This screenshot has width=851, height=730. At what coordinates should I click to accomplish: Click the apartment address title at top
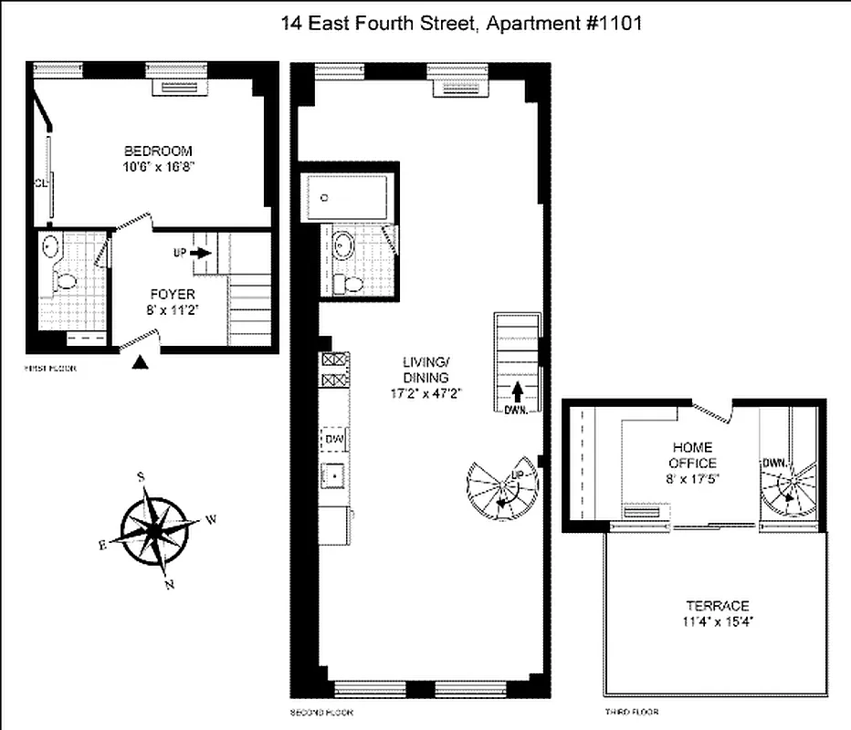[461, 24]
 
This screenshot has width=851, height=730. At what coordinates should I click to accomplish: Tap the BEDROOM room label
[159, 151]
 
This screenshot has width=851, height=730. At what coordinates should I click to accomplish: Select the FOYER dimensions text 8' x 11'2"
[174, 310]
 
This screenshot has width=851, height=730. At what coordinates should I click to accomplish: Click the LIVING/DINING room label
[425, 370]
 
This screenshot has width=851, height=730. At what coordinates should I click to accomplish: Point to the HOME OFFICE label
[693, 455]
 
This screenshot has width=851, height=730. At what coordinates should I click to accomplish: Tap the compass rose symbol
[156, 530]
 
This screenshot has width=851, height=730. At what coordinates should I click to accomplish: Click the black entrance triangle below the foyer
[139, 362]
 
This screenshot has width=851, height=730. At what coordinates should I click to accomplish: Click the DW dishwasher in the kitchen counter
[333, 440]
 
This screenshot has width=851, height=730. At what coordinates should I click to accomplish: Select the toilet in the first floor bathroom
[65, 282]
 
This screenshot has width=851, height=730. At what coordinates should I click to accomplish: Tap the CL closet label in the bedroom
[40, 182]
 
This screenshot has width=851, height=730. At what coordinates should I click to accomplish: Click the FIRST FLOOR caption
[50, 369]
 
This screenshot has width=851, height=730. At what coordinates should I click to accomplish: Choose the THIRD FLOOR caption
[632, 712]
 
